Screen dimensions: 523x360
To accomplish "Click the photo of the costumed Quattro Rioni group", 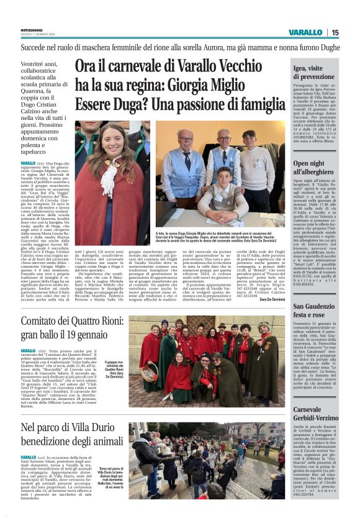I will pyautogui.click(x=204, y=361).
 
